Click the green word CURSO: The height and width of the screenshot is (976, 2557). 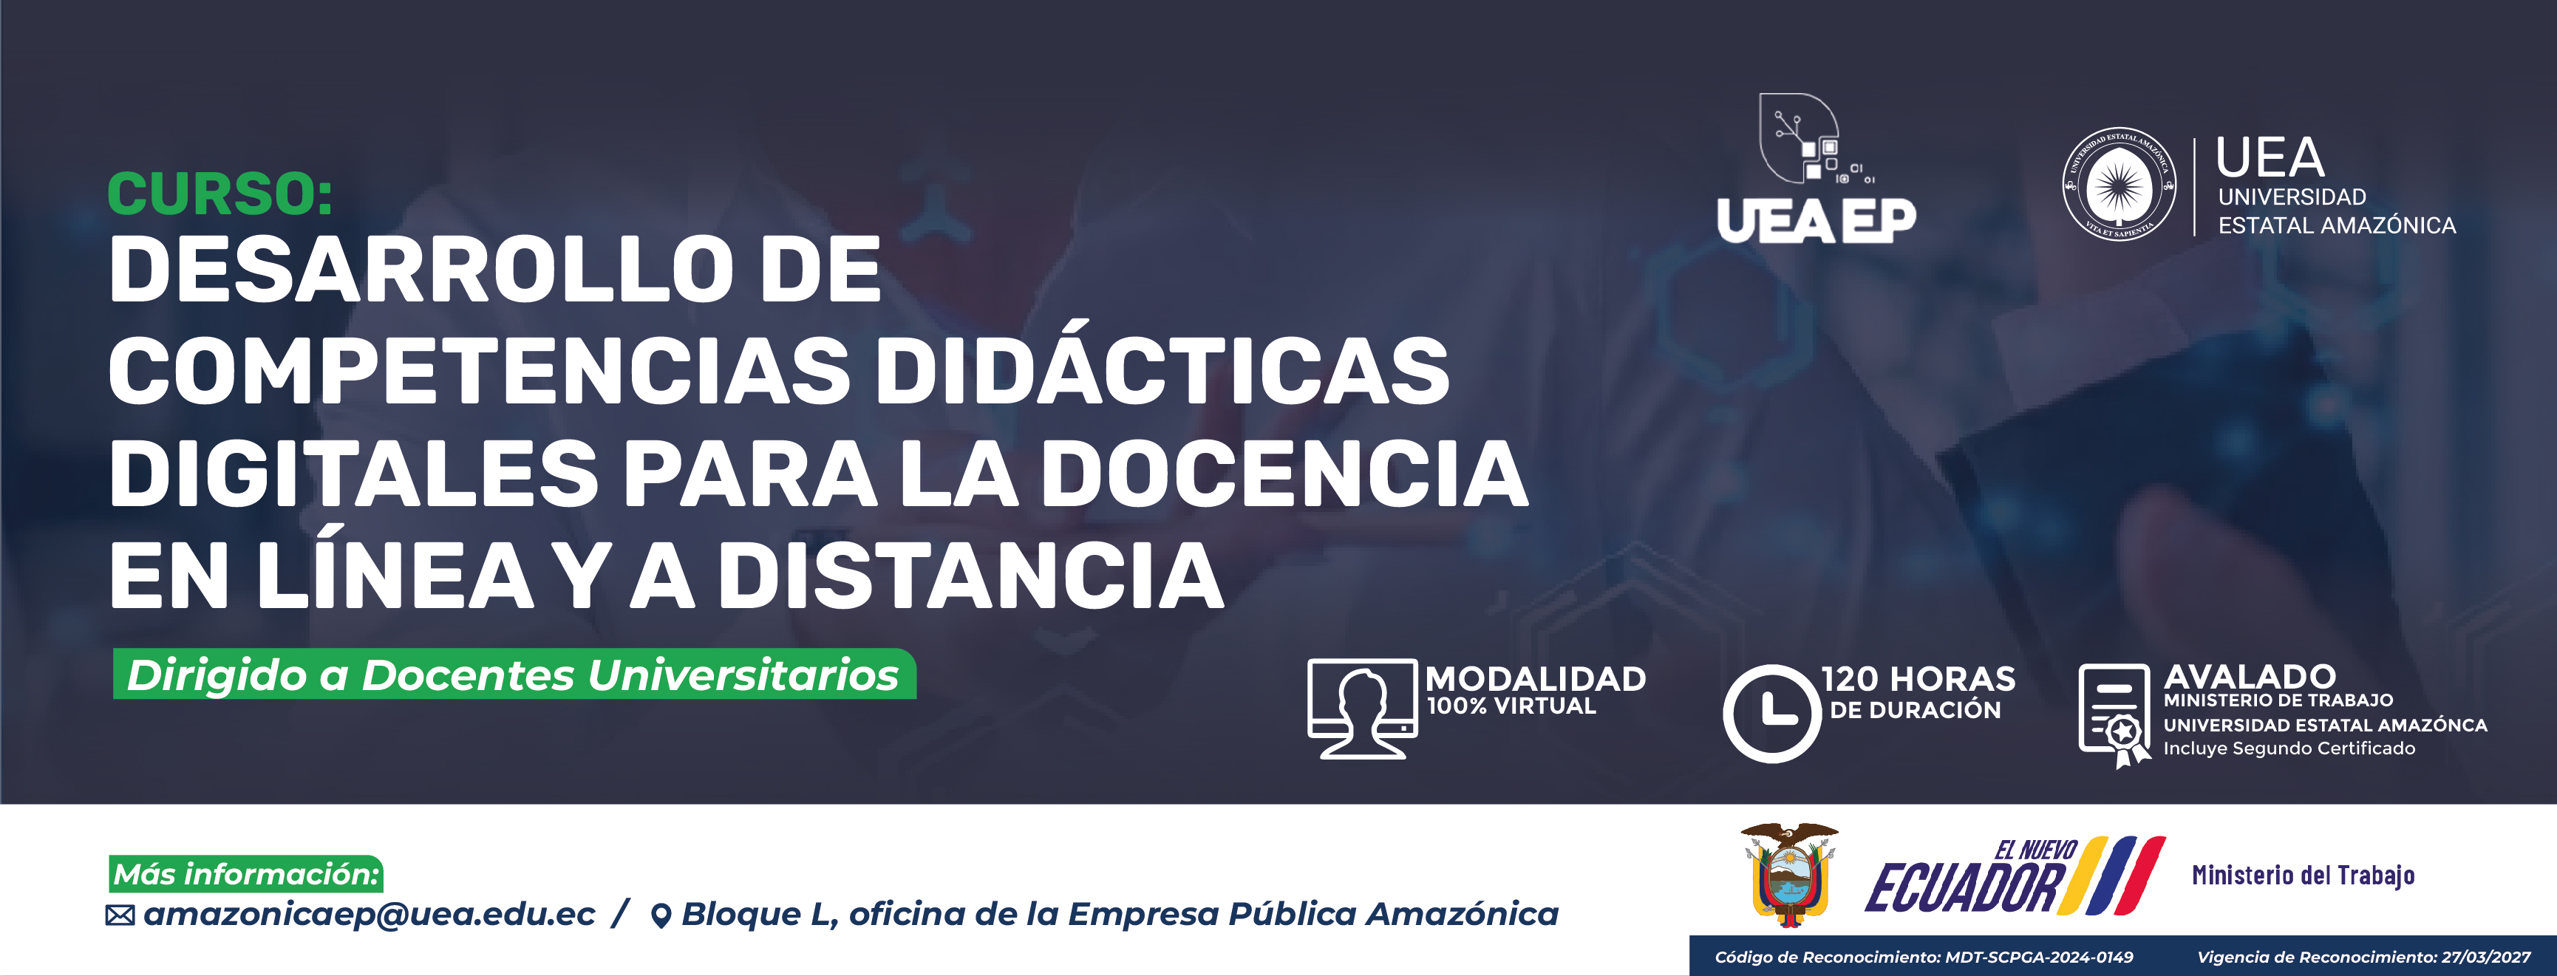[219, 194]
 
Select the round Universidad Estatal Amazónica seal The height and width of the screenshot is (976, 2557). [2120, 184]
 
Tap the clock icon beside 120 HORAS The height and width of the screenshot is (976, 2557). [1772, 714]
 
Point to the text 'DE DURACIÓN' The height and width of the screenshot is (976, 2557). [1915, 709]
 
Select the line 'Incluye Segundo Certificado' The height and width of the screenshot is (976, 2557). [2289, 748]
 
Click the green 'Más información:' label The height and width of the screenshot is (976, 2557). [246, 874]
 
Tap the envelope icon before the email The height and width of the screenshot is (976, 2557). [120, 915]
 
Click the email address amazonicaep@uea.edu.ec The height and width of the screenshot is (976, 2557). [370, 913]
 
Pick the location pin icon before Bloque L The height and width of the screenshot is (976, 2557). [660, 915]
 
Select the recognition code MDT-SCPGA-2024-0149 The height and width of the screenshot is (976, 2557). [2039, 957]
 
